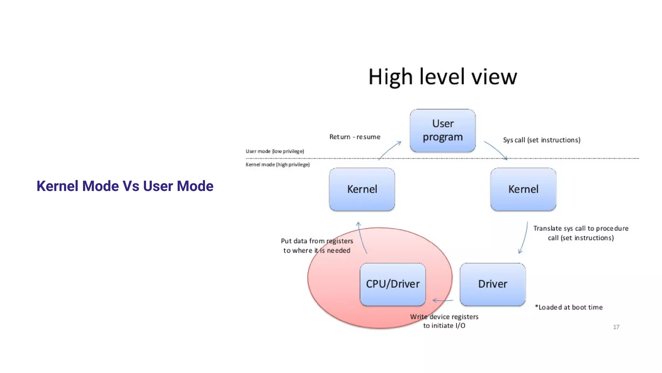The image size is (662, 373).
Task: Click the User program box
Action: [443, 130]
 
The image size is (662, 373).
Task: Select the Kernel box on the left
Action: [362, 189]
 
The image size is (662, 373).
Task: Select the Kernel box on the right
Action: [523, 189]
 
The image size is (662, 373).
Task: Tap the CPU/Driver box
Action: [392, 284]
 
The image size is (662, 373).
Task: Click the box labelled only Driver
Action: [492, 284]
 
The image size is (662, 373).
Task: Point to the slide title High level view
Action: [443, 77]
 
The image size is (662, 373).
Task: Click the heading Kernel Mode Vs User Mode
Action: [125, 186]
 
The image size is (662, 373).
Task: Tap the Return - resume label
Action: [355, 137]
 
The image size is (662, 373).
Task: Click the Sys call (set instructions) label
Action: [541, 140]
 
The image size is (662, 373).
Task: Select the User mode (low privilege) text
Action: [274, 151]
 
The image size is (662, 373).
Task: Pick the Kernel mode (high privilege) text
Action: [277, 164]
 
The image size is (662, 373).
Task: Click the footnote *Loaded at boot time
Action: [569, 307]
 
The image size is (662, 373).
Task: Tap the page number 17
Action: [616, 327]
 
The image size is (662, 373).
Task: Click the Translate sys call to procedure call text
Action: [581, 233]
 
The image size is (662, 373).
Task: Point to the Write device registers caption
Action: [444, 321]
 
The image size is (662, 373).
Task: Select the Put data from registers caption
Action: [317, 245]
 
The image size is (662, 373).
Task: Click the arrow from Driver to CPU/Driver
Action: [443, 300]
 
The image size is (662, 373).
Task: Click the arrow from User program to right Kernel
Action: [496, 150]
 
